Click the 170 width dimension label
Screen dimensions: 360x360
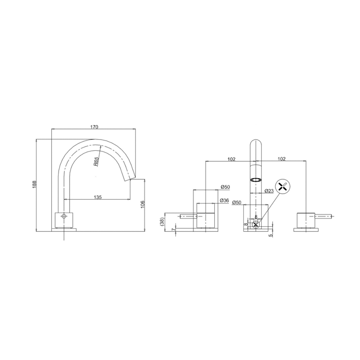(x=94, y=127)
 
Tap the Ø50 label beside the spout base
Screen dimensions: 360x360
(x=237, y=203)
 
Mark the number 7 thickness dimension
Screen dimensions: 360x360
(x=173, y=229)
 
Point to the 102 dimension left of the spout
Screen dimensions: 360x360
(x=231, y=159)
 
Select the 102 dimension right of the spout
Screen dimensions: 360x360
(x=282, y=159)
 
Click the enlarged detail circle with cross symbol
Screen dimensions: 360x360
(x=284, y=186)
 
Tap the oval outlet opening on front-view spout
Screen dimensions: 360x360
(x=256, y=180)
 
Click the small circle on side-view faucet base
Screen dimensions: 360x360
(x=64, y=217)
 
